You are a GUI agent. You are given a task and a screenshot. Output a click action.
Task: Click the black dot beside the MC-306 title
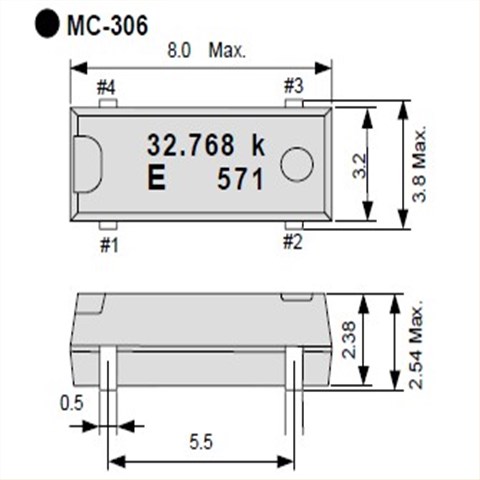pyautogui.click(x=47, y=24)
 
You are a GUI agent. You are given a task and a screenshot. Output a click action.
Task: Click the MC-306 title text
pyautogui.click(x=107, y=26)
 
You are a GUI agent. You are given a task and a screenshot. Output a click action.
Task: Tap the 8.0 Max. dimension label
pyautogui.click(x=206, y=51)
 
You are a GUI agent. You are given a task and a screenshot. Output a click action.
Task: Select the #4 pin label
pyautogui.click(x=106, y=88)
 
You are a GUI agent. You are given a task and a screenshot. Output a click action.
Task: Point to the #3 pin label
pyautogui.click(x=294, y=86)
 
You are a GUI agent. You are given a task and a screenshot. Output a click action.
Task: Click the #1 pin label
pyautogui.click(x=109, y=246)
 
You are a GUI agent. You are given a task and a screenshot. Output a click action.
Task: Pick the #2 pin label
pyautogui.click(x=293, y=242)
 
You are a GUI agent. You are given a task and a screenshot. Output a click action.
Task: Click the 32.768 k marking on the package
pyautogui.click(x=206, y=145)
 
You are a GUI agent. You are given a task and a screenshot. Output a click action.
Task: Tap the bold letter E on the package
pyautogui.click(x=156, y=178)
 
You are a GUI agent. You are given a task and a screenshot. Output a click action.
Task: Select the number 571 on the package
pyautogui.click(x=240, y=179)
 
